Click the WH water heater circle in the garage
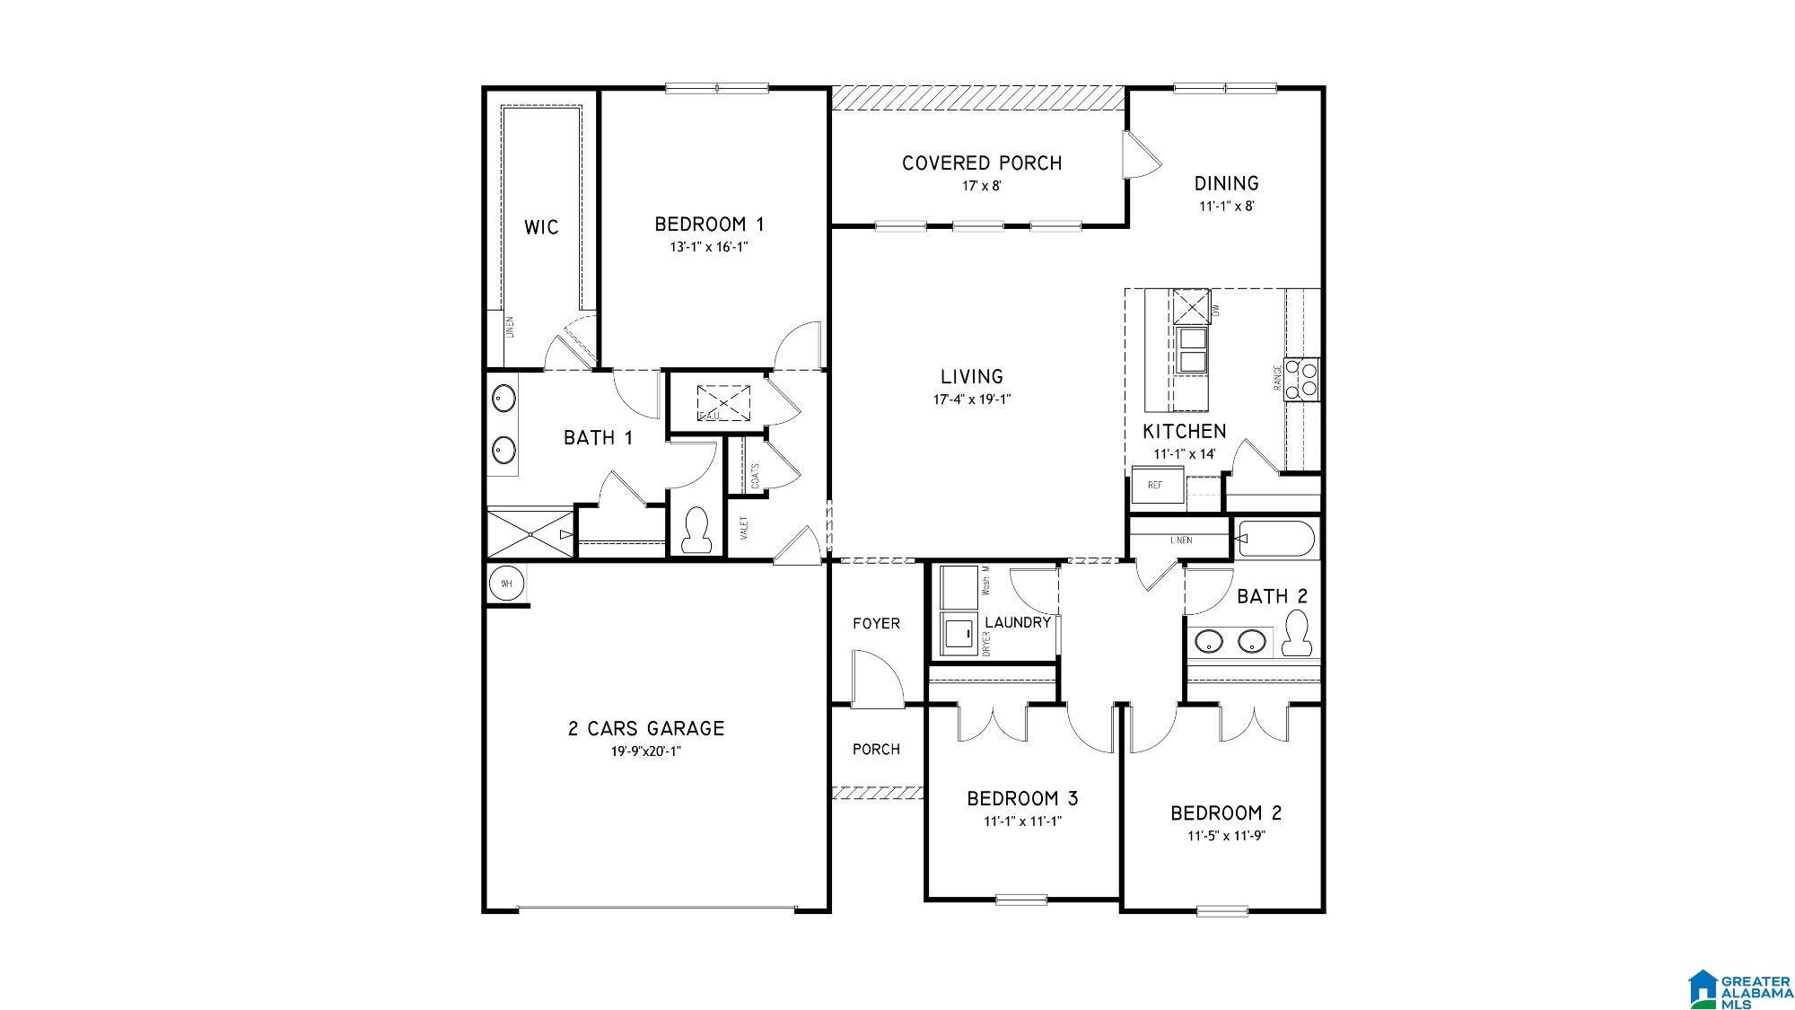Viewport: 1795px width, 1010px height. coord(506,584)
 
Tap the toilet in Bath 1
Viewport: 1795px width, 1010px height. coord(696,530)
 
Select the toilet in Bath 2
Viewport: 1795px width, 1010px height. coord(1296,633)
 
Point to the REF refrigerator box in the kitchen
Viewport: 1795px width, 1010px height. coord(1156,486)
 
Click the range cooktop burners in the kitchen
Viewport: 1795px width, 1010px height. coord(1301,378)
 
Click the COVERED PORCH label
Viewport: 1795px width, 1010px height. coord(982,163)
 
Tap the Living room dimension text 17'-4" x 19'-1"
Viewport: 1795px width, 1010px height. coord(972,400)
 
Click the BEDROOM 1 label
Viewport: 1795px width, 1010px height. coord(709,224)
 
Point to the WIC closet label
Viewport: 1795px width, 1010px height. coord(541,227)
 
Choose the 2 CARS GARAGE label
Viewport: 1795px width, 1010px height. coord(645,729)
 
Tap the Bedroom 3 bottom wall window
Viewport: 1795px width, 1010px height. coord(1021,899)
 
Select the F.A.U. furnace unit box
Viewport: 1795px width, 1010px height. coord(723,402)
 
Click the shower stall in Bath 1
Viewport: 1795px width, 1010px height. coord(530,534)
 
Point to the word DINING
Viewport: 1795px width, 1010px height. coord(1226,184)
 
